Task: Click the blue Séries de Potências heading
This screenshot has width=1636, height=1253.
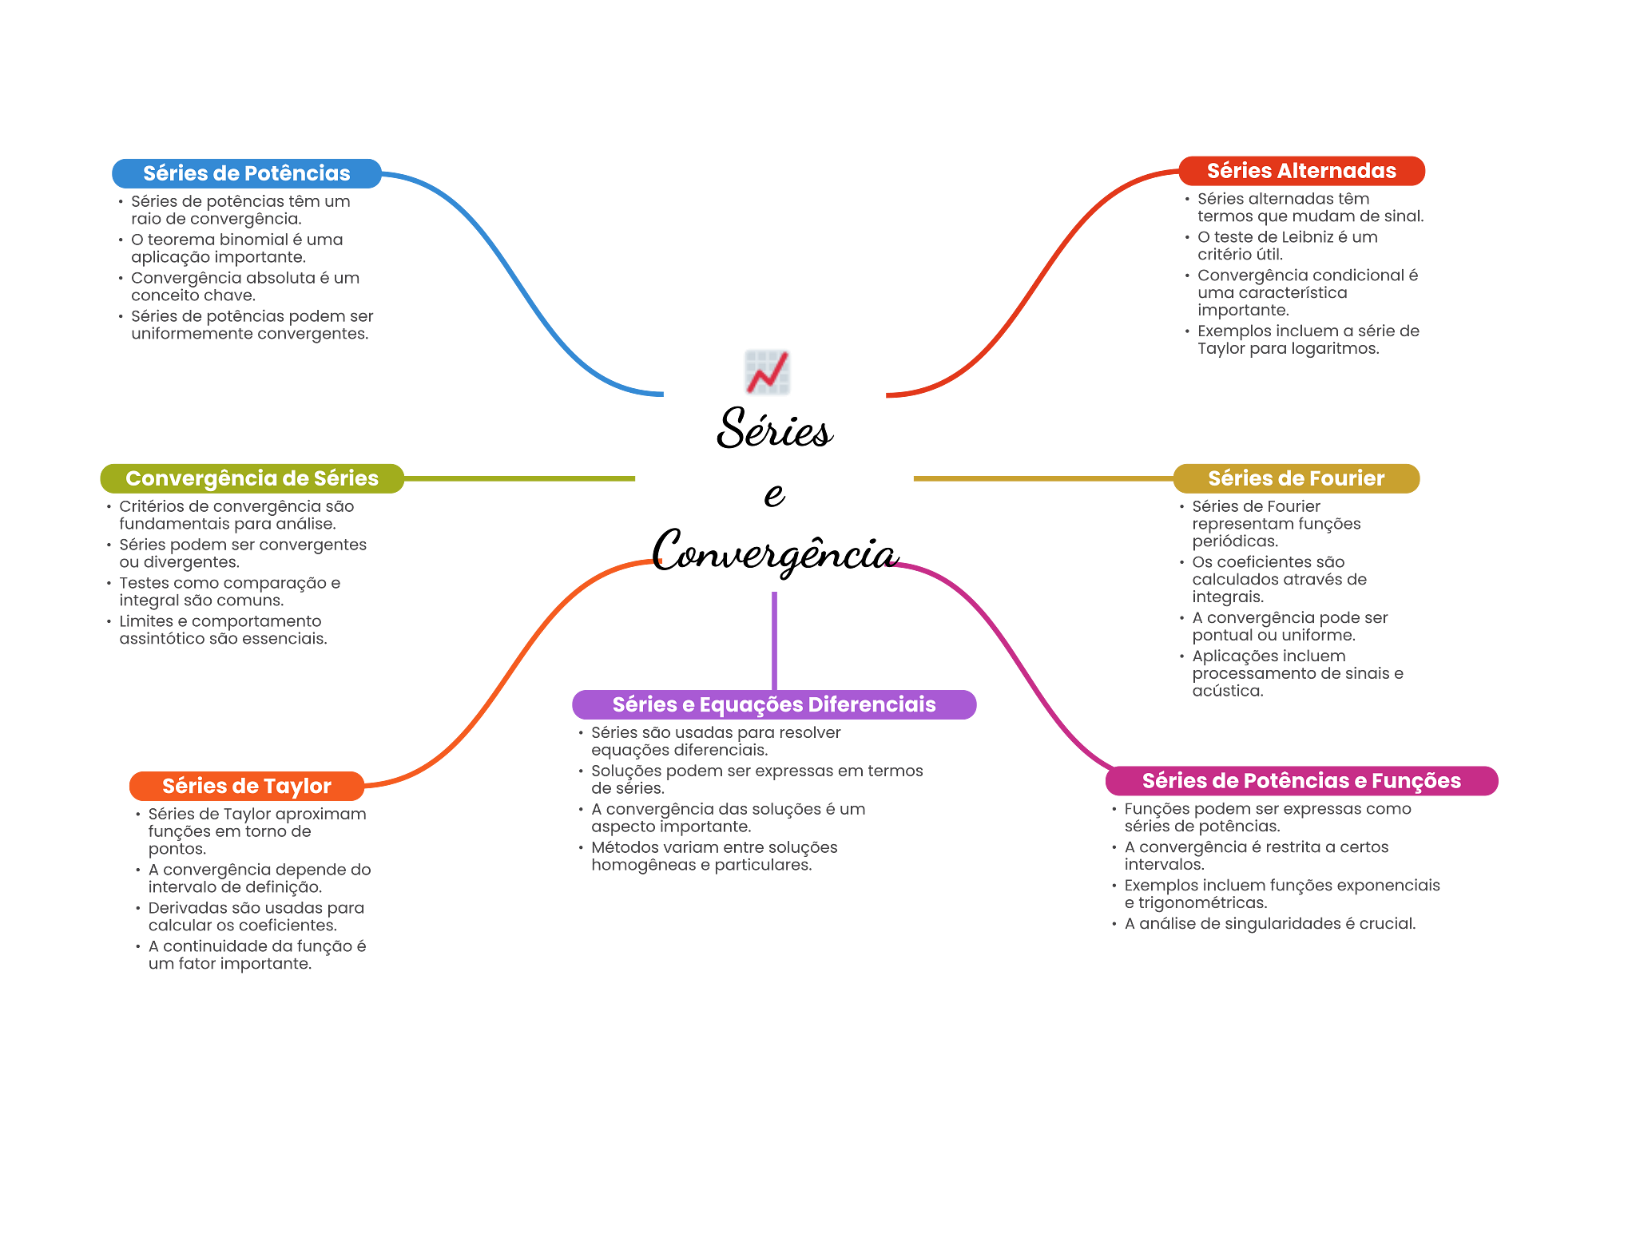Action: pos(246,173)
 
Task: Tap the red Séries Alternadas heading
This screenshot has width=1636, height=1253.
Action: pos(1301,171)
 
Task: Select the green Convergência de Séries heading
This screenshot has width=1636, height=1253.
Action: pos(252,478)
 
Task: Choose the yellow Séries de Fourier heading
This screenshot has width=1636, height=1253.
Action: pos(1296,478)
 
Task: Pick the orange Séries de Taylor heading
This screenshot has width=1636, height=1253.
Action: pos(246,786)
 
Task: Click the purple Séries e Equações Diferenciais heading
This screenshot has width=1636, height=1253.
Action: pos(773,704)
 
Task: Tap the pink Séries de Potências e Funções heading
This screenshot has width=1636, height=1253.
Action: pos(1301,780)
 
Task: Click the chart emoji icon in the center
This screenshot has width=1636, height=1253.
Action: pos(768,372)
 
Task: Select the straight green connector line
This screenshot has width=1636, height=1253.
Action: pos(519,479)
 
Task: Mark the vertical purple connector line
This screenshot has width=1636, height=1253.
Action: pos(774,639)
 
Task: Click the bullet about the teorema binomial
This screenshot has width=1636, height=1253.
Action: pos(236,248)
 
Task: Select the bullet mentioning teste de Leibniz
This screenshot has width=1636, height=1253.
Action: pos(1286,246)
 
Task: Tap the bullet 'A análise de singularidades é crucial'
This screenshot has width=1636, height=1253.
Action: pos(1269,924)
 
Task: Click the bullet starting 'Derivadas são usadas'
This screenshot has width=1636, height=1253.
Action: pos(256,917)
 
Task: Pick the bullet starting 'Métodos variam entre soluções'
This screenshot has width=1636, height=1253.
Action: pos(713,856)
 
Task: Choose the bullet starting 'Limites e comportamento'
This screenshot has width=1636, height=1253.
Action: pos(222,630)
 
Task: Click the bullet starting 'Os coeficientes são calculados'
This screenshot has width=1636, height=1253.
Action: pos(1278,579)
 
